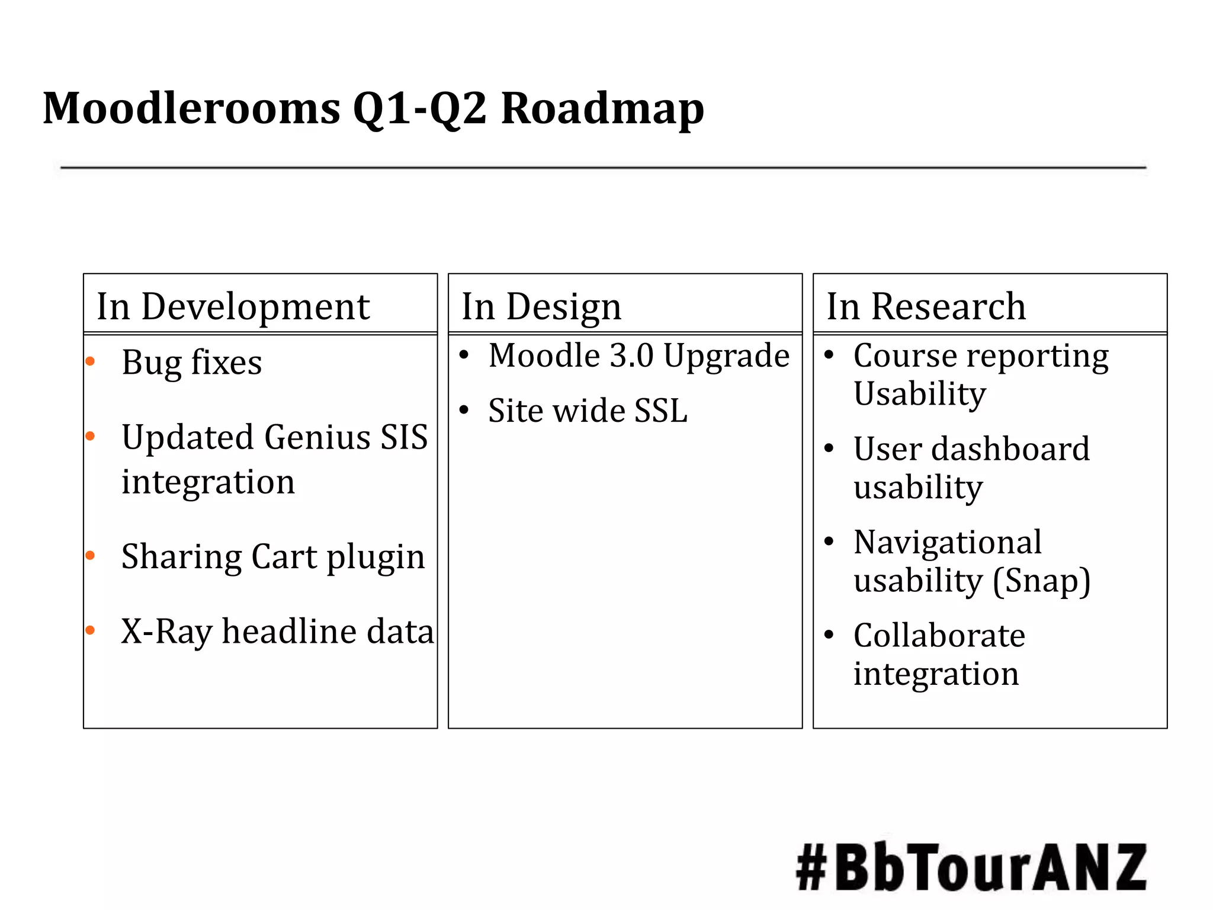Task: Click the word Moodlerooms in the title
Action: pyautogui.click(x=191, y=108)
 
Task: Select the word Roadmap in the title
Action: pyautogui.click(x=602, y=108)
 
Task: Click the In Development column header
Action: pyautogui.click(x=233, y=306)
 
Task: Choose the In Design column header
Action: pyautogui.click(x=541, y=306)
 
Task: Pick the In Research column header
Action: pyautogui.click(x=926, y=306)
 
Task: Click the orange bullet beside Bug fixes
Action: pyautogui.click(x=91, y=361)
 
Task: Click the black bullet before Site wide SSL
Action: pyautogui.click(x=464, y=410)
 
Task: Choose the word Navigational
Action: pyautogui.click(x=947, y=541)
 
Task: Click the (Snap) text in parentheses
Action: pyautogui.click(x=1041, y=581)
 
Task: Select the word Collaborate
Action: pyautogui.click(x=939, y=636)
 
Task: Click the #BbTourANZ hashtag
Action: pyautogui.click(x=971, y=868)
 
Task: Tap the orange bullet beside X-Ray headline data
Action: pyautogui.click(x=91, y=630)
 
